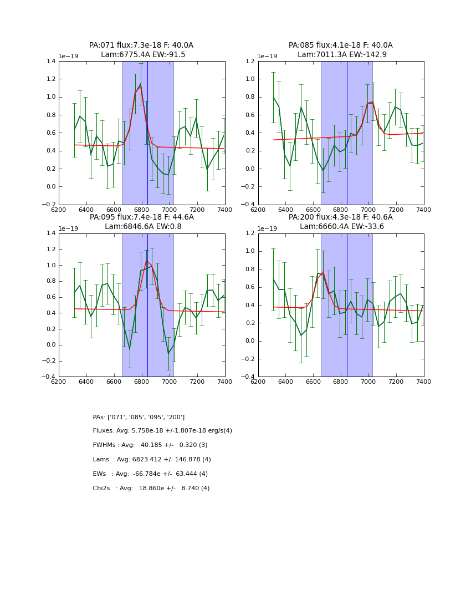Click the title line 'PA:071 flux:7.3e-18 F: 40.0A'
pyautogui.click(x=141, y=45)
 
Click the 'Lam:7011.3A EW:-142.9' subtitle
pyautogui.click(x=341, y=55)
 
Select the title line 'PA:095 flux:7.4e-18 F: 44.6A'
pyautogui.click(x=141, y=217)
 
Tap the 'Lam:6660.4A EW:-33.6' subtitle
pyautogui.click(x=341, y=227)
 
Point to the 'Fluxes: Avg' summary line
pyautogui.click(x=162, y=431)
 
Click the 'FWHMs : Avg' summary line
pyautogui.click(x=158, y=445)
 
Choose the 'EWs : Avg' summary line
pyautogui.click(x=150, y=474)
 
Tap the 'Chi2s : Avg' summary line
pyautogui.click(x=151, y=489)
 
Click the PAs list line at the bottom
pyautogui.click(x=139, y=417)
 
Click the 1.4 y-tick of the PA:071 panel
pyautogui.click(x=51, y=62)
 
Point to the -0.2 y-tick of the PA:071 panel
pyautogui.click(x=50, y=205)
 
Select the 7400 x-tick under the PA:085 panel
pyautogui.click(x=423, y=210)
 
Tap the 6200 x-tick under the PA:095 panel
pyautogui.click(x=59, y=382)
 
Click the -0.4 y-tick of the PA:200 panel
pyautogui.click(x=249, y=377)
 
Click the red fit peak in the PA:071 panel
pyautogui.click(x=140, y=87)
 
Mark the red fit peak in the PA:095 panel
pyautogui.click(x=146, y=261)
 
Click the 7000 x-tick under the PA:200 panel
pyautogui.click(x=368, y=382)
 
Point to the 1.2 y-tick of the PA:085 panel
pyautogui.click(x=250, y=62)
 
